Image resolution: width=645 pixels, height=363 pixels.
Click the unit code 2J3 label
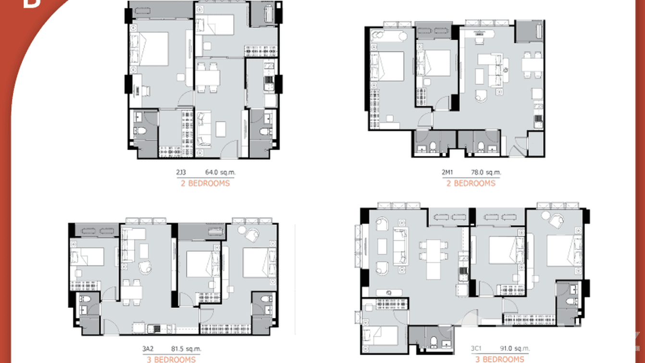pos(182,172)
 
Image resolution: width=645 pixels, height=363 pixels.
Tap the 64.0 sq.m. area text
pos(220,172)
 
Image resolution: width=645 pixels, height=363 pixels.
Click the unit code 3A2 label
pos(148,349)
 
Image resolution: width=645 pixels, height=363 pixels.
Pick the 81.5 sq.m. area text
pos(186,349)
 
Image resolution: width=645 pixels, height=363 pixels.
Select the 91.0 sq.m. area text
pos(515,349)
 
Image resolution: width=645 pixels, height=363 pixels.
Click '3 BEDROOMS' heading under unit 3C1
pos(500,359)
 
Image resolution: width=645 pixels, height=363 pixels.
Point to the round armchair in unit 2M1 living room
pos(480,95)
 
